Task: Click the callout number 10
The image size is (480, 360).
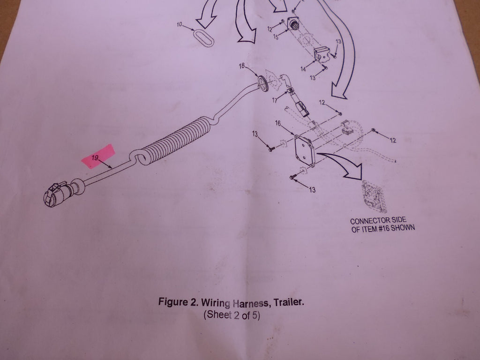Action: click(180, 24)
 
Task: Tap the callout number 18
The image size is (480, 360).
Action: click(242, 66)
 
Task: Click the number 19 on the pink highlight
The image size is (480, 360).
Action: click(95, 158)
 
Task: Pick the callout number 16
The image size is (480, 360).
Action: click(277, 123)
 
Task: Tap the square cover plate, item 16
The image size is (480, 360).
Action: click(303, 150)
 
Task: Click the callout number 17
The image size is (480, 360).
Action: click(275, 100)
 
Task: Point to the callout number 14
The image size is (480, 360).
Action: click(303, 69)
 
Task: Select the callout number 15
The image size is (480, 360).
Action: click(276, 37)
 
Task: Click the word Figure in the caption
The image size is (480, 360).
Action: click(172, 302)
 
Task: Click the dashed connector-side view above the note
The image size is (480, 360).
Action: click(374, 196)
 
